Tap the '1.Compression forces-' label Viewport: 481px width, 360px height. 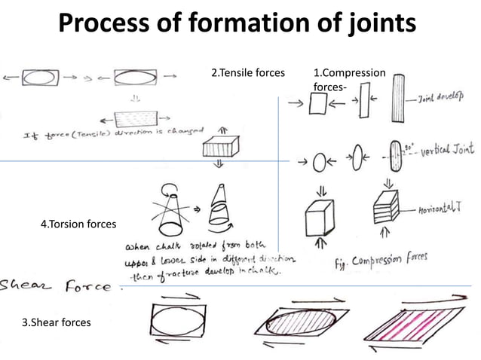(348, 80)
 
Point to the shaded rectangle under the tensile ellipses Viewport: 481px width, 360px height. (133, 119)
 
